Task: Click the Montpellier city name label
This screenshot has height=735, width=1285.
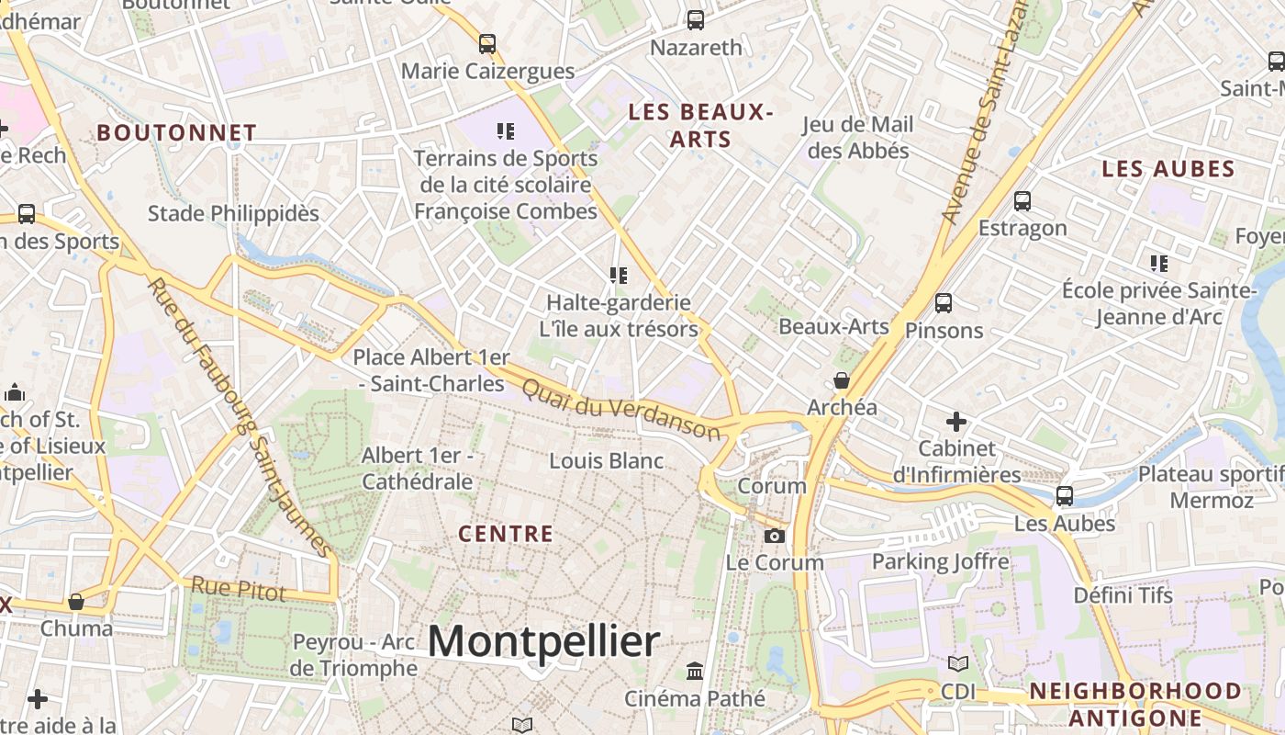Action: coord(543,640)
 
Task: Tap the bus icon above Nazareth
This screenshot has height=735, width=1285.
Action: coord(696,19)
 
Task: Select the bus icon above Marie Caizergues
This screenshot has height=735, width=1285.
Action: coord(486,43)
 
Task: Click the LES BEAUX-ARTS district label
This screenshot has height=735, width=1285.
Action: coord(700,126)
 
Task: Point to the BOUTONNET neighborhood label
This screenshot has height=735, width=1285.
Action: coord(176,132)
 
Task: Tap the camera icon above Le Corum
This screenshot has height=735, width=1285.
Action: coord(775,536)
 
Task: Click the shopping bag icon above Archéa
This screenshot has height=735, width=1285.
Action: coord(841,380)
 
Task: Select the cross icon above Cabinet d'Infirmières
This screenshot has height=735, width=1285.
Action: coord(956,422)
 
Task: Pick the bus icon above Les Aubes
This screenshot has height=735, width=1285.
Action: coord(1065,496)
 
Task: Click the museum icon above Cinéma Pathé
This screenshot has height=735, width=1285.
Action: coord(695,672)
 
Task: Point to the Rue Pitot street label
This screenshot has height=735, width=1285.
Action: coord(239,588)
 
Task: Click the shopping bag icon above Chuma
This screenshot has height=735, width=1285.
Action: coord(76,602)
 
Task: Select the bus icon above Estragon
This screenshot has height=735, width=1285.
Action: coord(1022,201)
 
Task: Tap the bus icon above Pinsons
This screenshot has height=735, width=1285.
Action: coord(943,303)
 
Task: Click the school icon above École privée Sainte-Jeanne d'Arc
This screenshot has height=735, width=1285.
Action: coord(1159,264)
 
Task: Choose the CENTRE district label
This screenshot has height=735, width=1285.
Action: coord(506,534)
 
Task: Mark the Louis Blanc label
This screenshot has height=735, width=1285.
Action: coord(606,460)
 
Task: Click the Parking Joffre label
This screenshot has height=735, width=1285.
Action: coord(940,561)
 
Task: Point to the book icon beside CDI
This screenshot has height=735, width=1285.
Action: coord(957,663)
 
